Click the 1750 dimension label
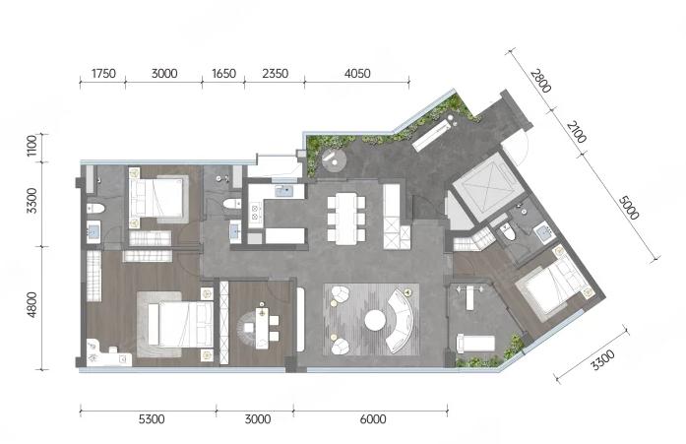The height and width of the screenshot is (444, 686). [103, 73]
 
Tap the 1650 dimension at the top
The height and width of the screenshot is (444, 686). [223, 73]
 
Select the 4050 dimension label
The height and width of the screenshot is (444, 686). [357, 73]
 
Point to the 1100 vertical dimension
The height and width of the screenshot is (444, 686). [32, 146]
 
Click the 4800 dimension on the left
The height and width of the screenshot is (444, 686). [32, 305]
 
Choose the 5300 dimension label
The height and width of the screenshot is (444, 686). [152, 419]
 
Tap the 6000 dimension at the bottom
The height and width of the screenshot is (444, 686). [373, 419]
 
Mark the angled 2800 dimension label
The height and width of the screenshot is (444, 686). [540, 81]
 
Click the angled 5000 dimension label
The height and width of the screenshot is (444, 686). [629, 208]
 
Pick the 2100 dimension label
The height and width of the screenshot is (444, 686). [576, 132]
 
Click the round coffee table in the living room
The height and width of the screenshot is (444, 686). [375, 321]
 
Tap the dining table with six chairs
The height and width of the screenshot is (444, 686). [346, 218]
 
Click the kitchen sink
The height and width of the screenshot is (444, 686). [284, 191]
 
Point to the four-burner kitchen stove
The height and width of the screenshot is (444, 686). [255, 213]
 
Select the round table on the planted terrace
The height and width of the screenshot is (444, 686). [334, 159]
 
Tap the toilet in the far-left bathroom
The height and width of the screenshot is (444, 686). [94, 209]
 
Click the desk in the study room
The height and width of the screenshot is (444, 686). [262, 326]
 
